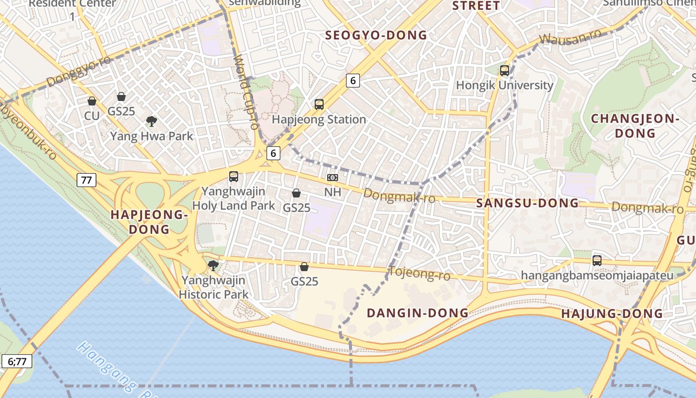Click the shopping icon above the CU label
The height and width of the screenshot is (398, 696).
pyautogui.click(x=92, y=101)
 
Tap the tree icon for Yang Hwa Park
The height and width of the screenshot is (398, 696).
pyautogui.click(x=152, y=121)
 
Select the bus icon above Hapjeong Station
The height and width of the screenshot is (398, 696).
pyautogui.click(x=319, y=104)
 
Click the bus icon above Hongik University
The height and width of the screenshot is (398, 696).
pyautogui.click(x=505, y=71)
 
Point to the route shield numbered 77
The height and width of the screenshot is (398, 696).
pyautogui.click(x=87, y=180)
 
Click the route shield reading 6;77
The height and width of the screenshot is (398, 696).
pyautogui.click(x=17, y=361)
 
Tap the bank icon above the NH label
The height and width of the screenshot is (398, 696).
pyautogui.click(x=333, y=178)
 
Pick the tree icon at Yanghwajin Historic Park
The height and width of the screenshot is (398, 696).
pyautogui.click(x=213, y=265)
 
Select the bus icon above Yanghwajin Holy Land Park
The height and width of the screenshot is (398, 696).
pyautogui.click(x=234, y=177)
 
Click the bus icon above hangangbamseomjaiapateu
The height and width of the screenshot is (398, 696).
pyautogui.click(x=597, y=260)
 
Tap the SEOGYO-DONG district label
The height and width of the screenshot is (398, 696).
pyautogui.click(x=376, y=35)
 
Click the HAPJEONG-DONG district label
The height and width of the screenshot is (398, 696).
pyautogui.click(x=149, y=222)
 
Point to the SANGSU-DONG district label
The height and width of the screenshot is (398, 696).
pyautogui.click(x=527, y=203)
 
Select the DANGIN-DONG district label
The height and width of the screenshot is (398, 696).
pyautogui.click(x=418, y=313)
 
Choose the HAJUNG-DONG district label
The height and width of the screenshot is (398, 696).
pyautogui.click(x=612, y=314)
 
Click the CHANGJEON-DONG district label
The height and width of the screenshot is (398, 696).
pyautogui.click(x=635, y=126)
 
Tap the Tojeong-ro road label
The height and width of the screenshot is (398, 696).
pyautogui.click(x=419, y=273)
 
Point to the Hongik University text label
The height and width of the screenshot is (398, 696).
pyautogui.click(x=505, y=85)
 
